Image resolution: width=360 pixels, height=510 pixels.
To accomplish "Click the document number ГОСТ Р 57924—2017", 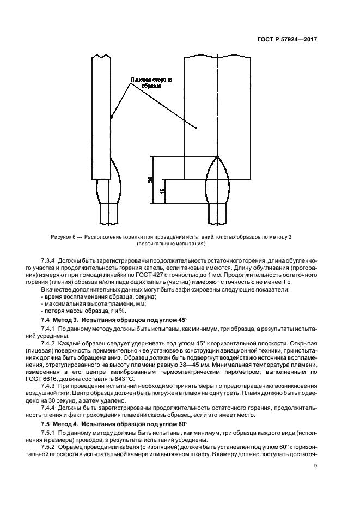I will pos(289,40).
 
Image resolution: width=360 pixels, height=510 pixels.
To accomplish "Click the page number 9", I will pos(315,466).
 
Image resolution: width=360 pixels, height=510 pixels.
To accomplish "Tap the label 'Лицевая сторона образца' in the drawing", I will pos(151,82).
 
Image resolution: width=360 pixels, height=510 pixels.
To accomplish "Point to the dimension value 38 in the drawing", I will pos(150,180).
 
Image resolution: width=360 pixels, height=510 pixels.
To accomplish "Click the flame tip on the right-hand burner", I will pos(217,156).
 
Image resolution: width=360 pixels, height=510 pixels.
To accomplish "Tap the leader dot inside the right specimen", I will pos(196,129).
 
